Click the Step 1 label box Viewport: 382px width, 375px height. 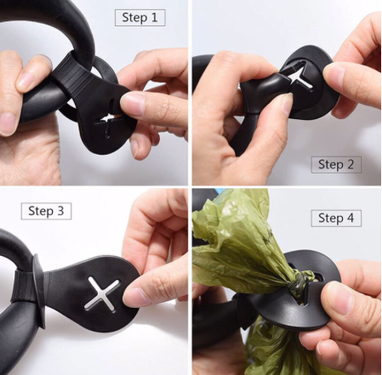click(x=140, y=18)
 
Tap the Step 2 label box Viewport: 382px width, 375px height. click(x=336, y=165)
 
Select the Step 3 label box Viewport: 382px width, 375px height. click(x=46, y=211)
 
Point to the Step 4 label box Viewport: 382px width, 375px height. click(x=336, y=219)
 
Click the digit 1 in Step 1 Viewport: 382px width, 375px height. click(x=154, y=18)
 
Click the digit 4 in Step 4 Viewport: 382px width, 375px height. click(x=351, y=218)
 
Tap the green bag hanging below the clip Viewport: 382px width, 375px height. click(x=272, y=346)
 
